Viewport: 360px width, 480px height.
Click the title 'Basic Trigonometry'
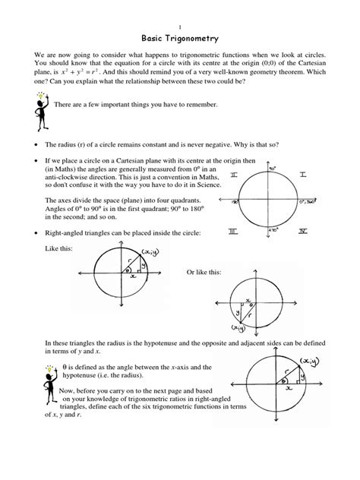(179, 36)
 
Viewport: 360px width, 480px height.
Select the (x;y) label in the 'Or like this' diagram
(241, 329)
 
